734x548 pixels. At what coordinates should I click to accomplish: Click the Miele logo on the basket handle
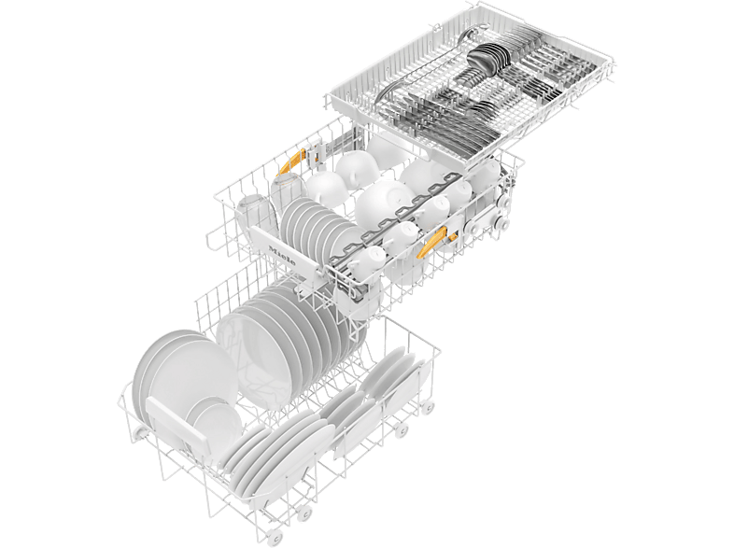(282, 255)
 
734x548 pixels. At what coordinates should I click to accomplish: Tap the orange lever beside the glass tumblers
(291, 162)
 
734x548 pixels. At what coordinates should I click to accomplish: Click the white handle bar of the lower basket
(176, 422)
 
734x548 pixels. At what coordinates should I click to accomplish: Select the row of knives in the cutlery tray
(449, 119)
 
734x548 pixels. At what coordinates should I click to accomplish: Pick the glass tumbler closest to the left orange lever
(288, 187)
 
